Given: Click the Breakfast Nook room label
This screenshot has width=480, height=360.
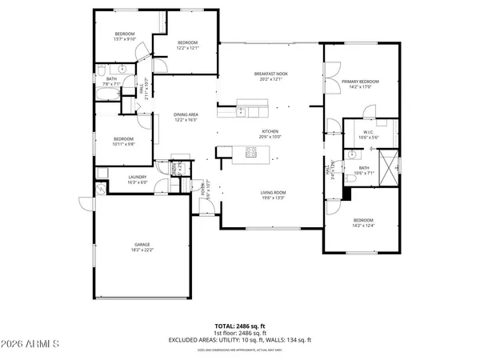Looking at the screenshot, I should (x=270, y=74).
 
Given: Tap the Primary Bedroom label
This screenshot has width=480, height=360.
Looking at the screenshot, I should (x=359, y=82).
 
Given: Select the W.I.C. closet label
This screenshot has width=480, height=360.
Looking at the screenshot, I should (x=369, y=133).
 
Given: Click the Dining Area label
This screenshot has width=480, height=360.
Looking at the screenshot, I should (x=186, y=115).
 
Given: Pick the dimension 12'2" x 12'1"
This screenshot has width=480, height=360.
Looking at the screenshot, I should (x=187, y=48).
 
